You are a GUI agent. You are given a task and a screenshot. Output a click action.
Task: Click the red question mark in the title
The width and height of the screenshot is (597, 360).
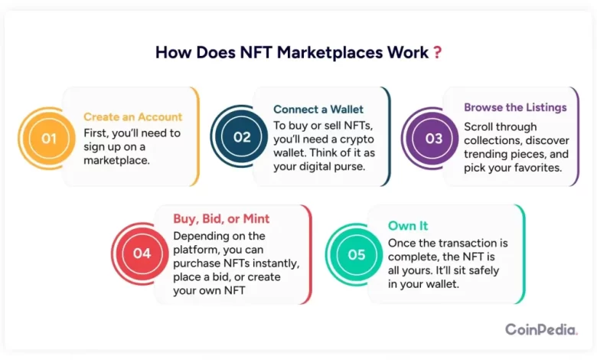pos(438,52)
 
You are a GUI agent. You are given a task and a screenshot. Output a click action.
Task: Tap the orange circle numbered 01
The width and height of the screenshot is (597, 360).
pos(49,139)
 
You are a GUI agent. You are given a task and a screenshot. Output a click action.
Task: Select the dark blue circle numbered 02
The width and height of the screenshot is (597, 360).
pos(242,137)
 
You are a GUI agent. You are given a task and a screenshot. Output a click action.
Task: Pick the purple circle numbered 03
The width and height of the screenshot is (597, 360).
pos(433,139)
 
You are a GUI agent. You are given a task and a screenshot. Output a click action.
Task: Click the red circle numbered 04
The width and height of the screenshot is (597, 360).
pos(142,254)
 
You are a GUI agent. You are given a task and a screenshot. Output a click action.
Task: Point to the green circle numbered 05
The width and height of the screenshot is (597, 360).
pos(357,254)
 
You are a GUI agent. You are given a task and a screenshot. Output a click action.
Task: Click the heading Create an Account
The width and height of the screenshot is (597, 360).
pos(133,116)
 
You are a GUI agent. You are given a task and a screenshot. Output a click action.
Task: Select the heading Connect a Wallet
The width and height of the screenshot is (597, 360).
pos(318,110)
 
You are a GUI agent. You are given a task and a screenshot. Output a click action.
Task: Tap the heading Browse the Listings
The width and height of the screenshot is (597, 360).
pos(515,107)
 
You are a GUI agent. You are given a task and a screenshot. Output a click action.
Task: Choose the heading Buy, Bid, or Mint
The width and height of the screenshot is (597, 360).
pos(221,218)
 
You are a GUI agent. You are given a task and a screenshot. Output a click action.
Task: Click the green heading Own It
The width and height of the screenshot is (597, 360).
pos(408,225)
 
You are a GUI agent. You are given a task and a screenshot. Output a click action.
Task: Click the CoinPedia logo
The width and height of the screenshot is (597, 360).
pos(541,329)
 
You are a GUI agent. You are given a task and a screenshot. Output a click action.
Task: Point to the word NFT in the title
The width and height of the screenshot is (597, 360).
pos(256,52)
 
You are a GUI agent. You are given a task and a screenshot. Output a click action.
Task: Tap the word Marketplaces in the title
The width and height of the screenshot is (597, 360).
pos(330,53)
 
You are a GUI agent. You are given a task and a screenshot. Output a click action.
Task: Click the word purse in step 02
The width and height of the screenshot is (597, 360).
pos(351,167)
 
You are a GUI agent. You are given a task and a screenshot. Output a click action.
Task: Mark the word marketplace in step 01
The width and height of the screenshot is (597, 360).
pos(116,160)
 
